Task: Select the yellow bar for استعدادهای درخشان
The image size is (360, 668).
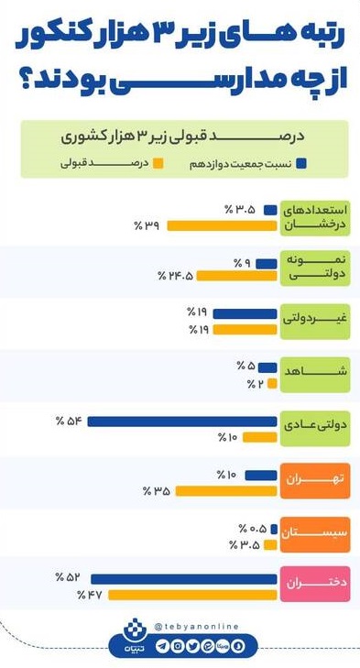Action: point(223,224)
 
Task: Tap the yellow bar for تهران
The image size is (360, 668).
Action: point(225,491)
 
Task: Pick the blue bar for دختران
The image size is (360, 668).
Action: point(183,578)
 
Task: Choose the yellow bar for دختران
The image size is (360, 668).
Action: point(192,595)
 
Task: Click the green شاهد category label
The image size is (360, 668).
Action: point(314,368)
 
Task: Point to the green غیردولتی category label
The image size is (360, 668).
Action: point(314,320)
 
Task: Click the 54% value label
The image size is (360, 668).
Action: point(69,422)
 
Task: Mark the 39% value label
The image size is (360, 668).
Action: point(147,224)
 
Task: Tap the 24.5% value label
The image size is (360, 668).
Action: point(176,276)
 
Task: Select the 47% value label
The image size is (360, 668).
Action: point(89,595)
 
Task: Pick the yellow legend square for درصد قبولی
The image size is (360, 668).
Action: point(158,164)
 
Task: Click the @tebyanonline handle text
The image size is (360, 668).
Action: point(196,627)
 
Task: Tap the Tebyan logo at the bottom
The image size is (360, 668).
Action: point(134,636)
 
